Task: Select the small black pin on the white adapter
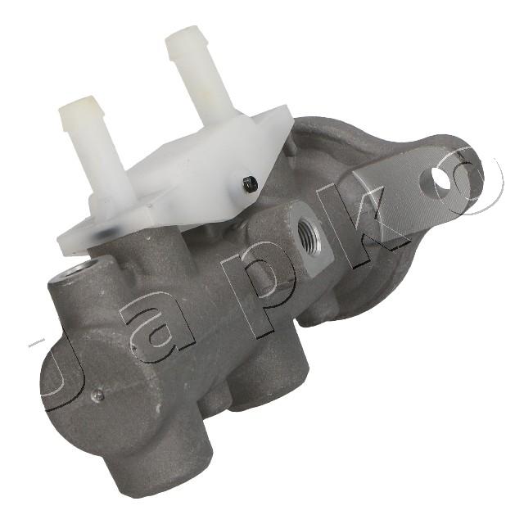pos(251,183)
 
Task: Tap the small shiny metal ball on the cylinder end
pos(98,395)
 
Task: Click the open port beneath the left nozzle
pos(75,269)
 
